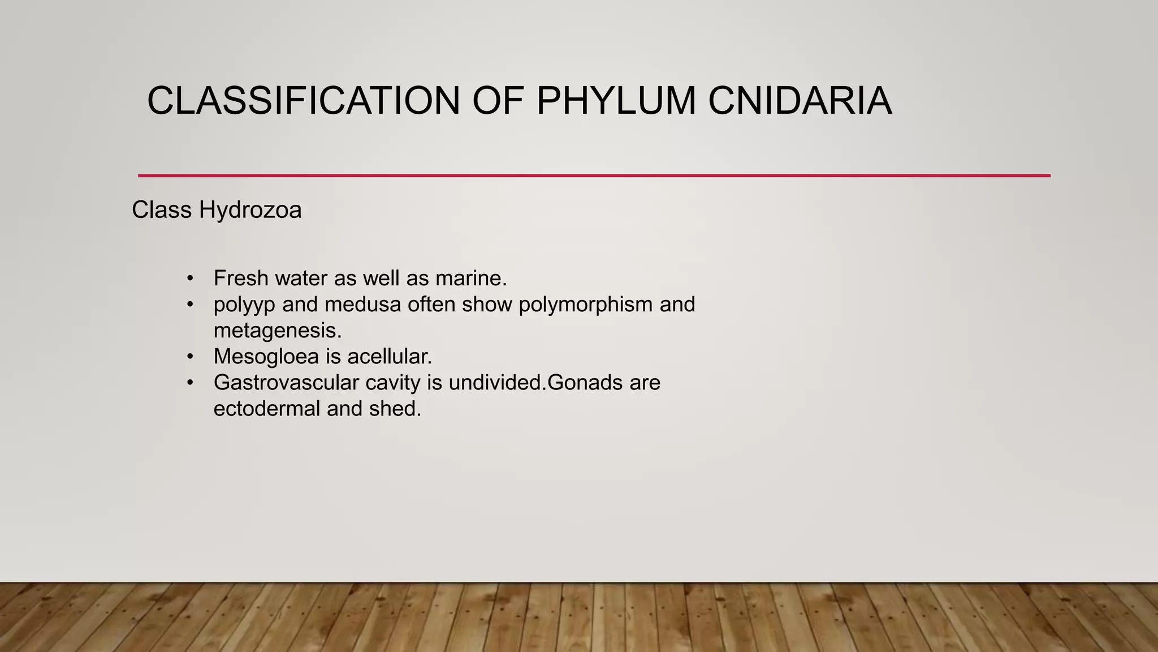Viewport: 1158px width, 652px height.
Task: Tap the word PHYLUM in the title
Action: click(x=616, y=101)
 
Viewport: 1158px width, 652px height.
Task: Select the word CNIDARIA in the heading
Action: click(x=800, y=101)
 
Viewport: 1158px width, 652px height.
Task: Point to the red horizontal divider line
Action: click(x=594, y=175)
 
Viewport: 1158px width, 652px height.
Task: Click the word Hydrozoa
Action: click(x=250, y=210)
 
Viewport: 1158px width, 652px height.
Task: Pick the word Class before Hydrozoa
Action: click(x=162, y=210)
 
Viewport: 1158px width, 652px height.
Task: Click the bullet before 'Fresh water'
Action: click(x=191, y=278)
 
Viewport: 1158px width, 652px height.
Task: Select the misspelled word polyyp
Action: click(x=244, y=305)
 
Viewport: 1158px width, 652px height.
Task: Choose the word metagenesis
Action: click(x=278, y=331)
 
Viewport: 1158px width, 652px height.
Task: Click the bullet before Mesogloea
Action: click(x=191, y=357)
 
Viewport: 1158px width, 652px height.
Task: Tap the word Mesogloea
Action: click(x=266, y=357)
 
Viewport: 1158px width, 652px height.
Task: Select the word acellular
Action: click(x=389, y=357)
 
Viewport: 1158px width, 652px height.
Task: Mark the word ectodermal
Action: click(x=266, y=409)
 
